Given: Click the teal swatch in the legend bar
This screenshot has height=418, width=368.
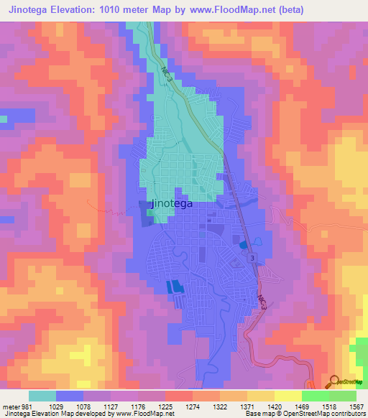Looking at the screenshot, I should point(42,396).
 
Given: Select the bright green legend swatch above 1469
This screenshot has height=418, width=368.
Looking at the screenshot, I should point(315,396).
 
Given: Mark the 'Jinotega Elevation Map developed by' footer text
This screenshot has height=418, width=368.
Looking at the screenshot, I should point(50,413).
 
